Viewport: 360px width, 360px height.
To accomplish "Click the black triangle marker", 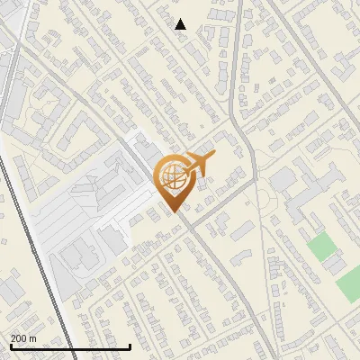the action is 181,24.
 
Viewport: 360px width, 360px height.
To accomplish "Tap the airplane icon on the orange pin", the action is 201,165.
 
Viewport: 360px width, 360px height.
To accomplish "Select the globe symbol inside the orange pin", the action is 172,178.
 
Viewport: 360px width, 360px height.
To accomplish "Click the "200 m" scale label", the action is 23,338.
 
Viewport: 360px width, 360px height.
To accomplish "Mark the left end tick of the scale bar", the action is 10,346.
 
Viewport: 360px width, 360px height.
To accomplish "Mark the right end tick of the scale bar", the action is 130,346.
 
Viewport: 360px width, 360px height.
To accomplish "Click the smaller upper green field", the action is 319,247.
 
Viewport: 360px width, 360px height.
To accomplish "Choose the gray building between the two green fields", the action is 335,263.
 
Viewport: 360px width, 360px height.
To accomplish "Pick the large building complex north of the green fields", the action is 301,193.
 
